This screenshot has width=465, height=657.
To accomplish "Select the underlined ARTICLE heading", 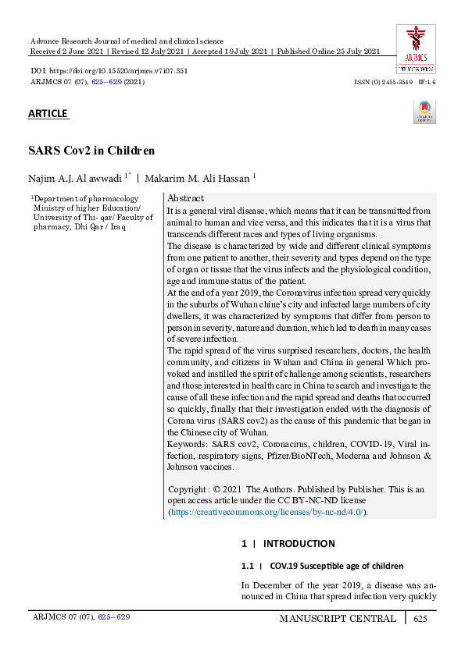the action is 48,114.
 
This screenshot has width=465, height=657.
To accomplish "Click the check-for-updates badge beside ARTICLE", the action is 424,112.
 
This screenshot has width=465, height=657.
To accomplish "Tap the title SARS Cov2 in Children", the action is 91,151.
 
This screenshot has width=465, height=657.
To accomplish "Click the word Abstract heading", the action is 186,198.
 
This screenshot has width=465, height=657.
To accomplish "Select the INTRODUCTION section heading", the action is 299,543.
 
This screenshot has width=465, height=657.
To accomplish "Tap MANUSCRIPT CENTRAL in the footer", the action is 338,619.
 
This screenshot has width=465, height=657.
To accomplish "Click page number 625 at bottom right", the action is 420,619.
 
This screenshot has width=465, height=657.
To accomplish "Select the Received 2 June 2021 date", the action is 66,51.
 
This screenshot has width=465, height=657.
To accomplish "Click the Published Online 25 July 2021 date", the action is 328,51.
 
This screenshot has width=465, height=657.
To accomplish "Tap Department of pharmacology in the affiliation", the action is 86,199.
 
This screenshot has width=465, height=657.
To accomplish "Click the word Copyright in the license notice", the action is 189,489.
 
